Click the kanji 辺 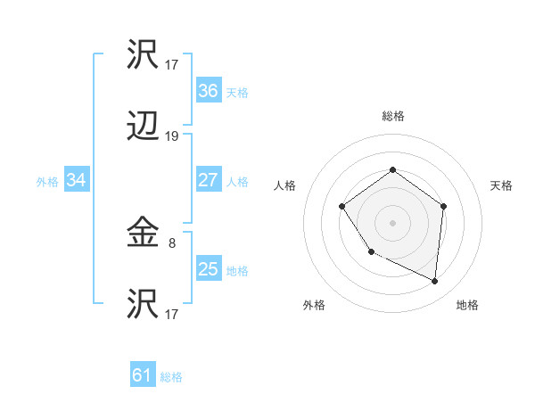(x=144, y=129)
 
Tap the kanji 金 (x=144, y=234)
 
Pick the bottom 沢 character (x=144, y=306)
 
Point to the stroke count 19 (x=172, y=136)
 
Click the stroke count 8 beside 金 (x=172, y=241)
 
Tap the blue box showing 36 (x=208, y=91)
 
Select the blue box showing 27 (x=208, y=180)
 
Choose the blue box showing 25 (x=208, y=269)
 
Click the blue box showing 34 (x=76, y=180)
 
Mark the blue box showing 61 (x=142, y=375)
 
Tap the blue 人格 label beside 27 (x=236, y=182)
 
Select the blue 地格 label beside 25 (x=236, y=271)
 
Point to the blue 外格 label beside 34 (x=47, y=182)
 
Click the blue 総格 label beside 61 (x=171, y=377)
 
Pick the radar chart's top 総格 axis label (x=392, y=116)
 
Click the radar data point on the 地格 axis (x=435, y=281)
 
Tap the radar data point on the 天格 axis (x=444, y=206)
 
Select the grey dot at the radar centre (x=392, y=222)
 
